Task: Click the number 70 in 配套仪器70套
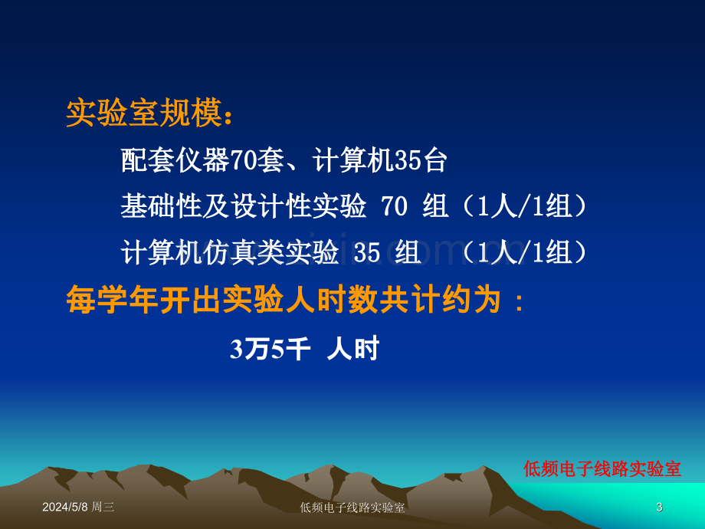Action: tap(243, 160)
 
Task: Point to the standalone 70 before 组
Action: tap(395, 206)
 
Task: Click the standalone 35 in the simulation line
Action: tap(367, 252)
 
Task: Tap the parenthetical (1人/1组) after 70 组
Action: tap(525, 206)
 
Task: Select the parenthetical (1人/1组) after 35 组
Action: tap(525, 252)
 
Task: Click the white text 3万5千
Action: tap(271, 349)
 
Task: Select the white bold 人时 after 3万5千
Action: tap(353, 349)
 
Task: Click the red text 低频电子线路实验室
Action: tap(602, 468)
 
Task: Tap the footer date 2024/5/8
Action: tap(65, 507)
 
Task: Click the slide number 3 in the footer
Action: tap(659, 507)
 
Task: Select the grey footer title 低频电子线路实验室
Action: tap(352, 508)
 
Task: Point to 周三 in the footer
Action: tap(103, 507)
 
